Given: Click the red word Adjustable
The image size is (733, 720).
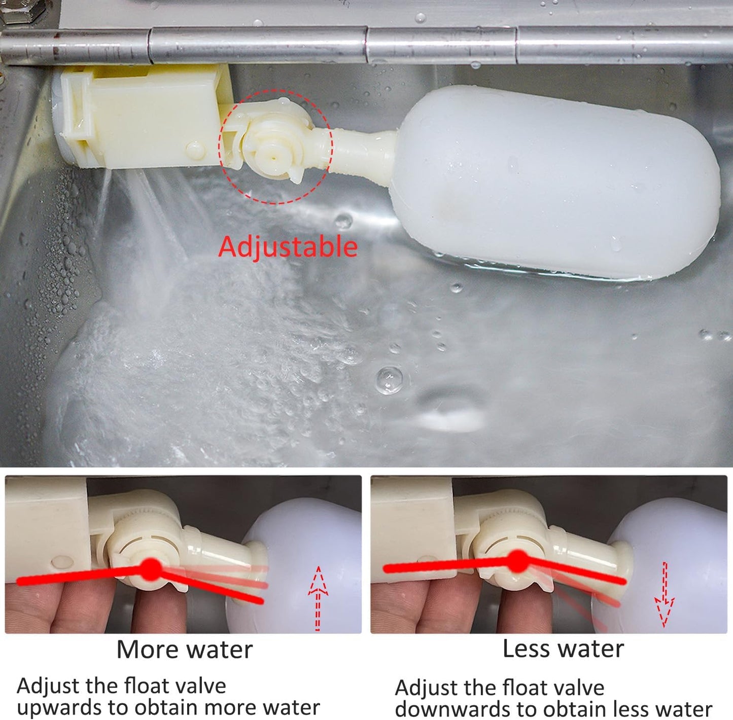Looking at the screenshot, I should pyautogui.click(x=288, y=247).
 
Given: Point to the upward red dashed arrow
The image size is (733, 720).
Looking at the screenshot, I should pyautogui.click(x=318, y=598).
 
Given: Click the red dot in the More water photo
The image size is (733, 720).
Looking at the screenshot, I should pyautogui.click(x=150, y=568).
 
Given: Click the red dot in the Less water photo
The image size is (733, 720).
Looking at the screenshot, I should pyautogui.click(x=517, y=561).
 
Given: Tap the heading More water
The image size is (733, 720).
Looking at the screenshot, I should pyautogui.click(x=184, y=650).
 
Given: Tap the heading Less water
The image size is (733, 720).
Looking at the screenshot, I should pyautogui.click(x=563, y=649).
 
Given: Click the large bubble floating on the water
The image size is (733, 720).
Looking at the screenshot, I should pyautogui.click(x=390, y=379).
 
